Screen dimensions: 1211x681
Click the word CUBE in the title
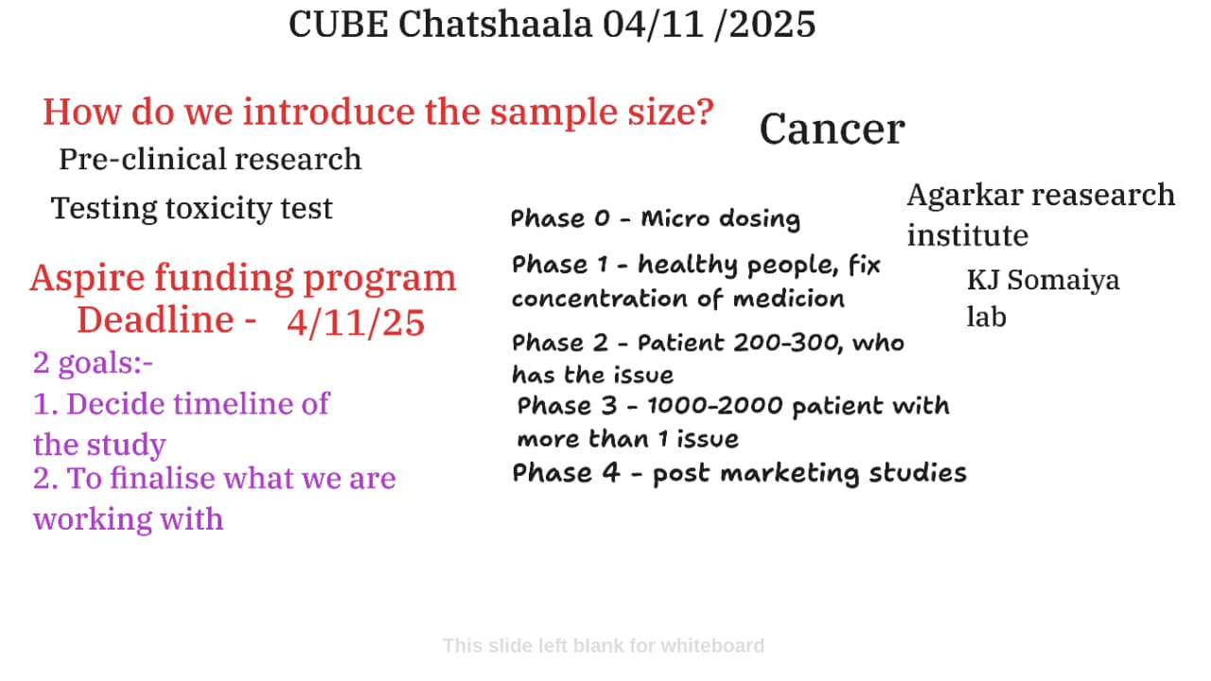339,25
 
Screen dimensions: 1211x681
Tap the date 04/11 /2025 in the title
710,25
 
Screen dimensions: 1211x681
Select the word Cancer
832,130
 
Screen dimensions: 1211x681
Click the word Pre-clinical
143,160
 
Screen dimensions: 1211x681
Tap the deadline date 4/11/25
356,323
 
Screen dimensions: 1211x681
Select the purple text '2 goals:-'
93,362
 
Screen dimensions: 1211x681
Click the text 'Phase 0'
560,218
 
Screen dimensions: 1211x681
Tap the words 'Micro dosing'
721,219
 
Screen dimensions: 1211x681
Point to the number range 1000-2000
714,406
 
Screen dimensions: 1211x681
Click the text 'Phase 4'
566,473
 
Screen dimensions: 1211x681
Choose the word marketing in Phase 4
790,474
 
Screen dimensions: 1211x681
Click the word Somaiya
1063,281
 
